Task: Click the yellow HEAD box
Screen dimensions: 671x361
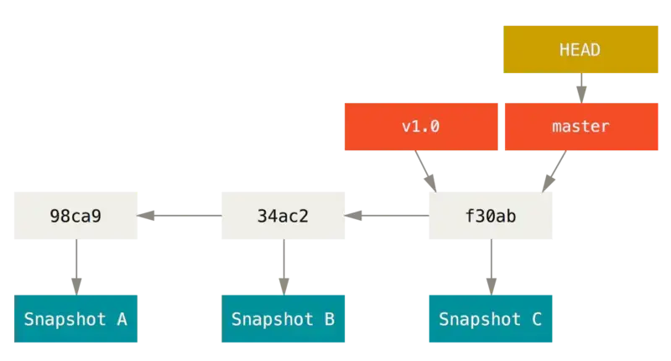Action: [580, 50]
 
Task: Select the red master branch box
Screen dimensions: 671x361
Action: [581, 126]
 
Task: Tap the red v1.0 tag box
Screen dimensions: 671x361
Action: [421, 126]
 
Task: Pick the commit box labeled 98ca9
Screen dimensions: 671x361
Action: [75, 216]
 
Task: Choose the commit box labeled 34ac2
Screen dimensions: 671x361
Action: [283, 216]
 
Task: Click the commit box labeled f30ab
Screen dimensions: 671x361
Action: [491, 216]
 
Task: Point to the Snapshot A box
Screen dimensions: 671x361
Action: [75, 319]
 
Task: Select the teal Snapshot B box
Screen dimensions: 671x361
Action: [283, 319]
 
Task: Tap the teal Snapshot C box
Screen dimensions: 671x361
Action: [491, 319]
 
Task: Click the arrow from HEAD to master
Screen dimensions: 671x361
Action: [581, 88]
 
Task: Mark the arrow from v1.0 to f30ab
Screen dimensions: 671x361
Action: [425, 171]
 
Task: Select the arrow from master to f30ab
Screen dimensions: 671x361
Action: [554, 171]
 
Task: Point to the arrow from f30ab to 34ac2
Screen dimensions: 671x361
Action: [387, 216]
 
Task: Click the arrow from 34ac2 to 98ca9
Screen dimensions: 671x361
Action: [179, 216]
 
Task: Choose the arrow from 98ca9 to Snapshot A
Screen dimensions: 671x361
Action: [76, 267]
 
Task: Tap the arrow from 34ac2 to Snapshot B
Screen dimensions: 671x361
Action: [283, 267]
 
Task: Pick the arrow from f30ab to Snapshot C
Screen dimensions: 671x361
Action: [492, 267]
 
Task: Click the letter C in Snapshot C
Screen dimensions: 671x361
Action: [537, 319]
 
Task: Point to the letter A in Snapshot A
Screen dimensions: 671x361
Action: [122, 319]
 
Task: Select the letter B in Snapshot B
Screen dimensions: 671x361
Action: [330, 319]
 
